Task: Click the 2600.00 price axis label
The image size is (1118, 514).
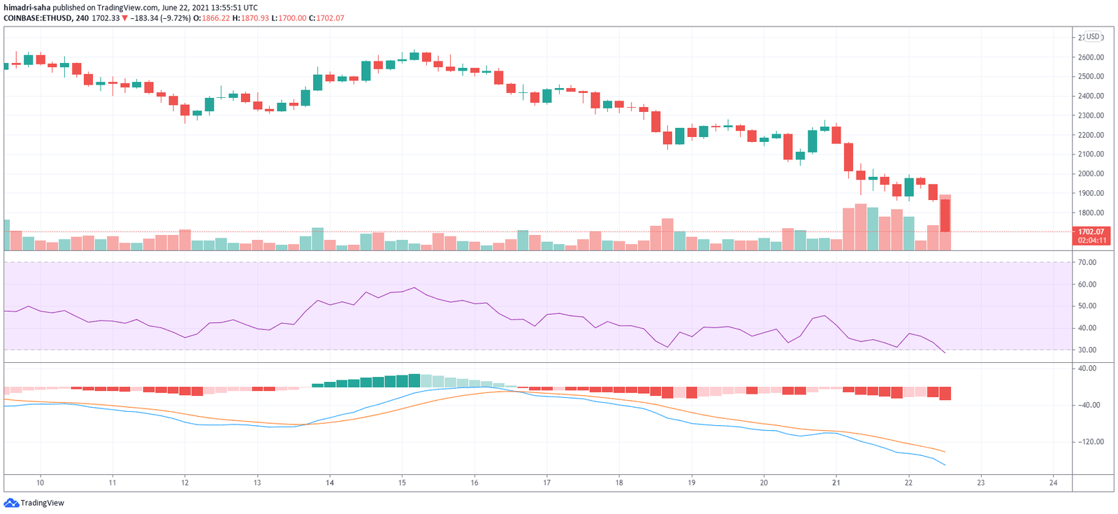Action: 1091,57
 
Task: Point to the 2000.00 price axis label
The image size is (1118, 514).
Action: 1091,173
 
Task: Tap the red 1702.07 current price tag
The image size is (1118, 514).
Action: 1091,236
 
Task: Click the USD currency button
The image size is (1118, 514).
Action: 1092,36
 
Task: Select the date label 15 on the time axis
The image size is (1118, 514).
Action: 402,483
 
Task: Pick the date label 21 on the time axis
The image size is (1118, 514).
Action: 836,483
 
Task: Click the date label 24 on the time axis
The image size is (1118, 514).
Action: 1053,483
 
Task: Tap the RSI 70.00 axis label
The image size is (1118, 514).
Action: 1087,262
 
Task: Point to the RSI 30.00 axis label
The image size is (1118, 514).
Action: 1087,350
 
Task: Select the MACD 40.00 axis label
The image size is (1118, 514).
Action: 1087,368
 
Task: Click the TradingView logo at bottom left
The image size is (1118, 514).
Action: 34,503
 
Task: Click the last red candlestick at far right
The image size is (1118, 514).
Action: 945,215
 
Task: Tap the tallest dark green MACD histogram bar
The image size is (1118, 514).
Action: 414,380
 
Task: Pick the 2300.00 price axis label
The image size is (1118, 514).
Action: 1091,115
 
